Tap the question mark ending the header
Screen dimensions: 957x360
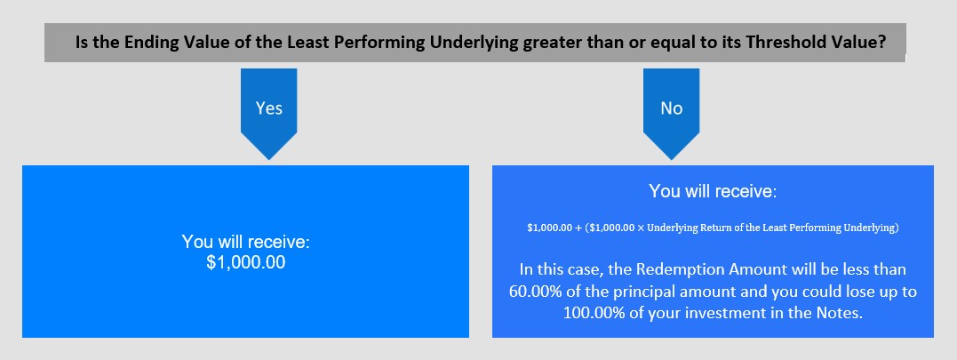pyautogui.click(x=882, y=43)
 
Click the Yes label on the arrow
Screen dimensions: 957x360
pyautogui.click(x=269, y=108)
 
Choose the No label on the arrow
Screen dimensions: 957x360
pyautogui.click(x=672, y=108)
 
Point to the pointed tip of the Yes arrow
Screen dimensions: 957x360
pyautogui.click(x=269, y=160)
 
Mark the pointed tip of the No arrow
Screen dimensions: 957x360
pyautogui.click(x=672, y=160)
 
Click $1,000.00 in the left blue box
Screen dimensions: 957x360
pyautogui.click(x=245, y=263)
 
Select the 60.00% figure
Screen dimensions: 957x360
pyautogui.click(x=538, y=291)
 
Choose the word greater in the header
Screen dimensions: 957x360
pyautogui.click(x=549, y=44)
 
